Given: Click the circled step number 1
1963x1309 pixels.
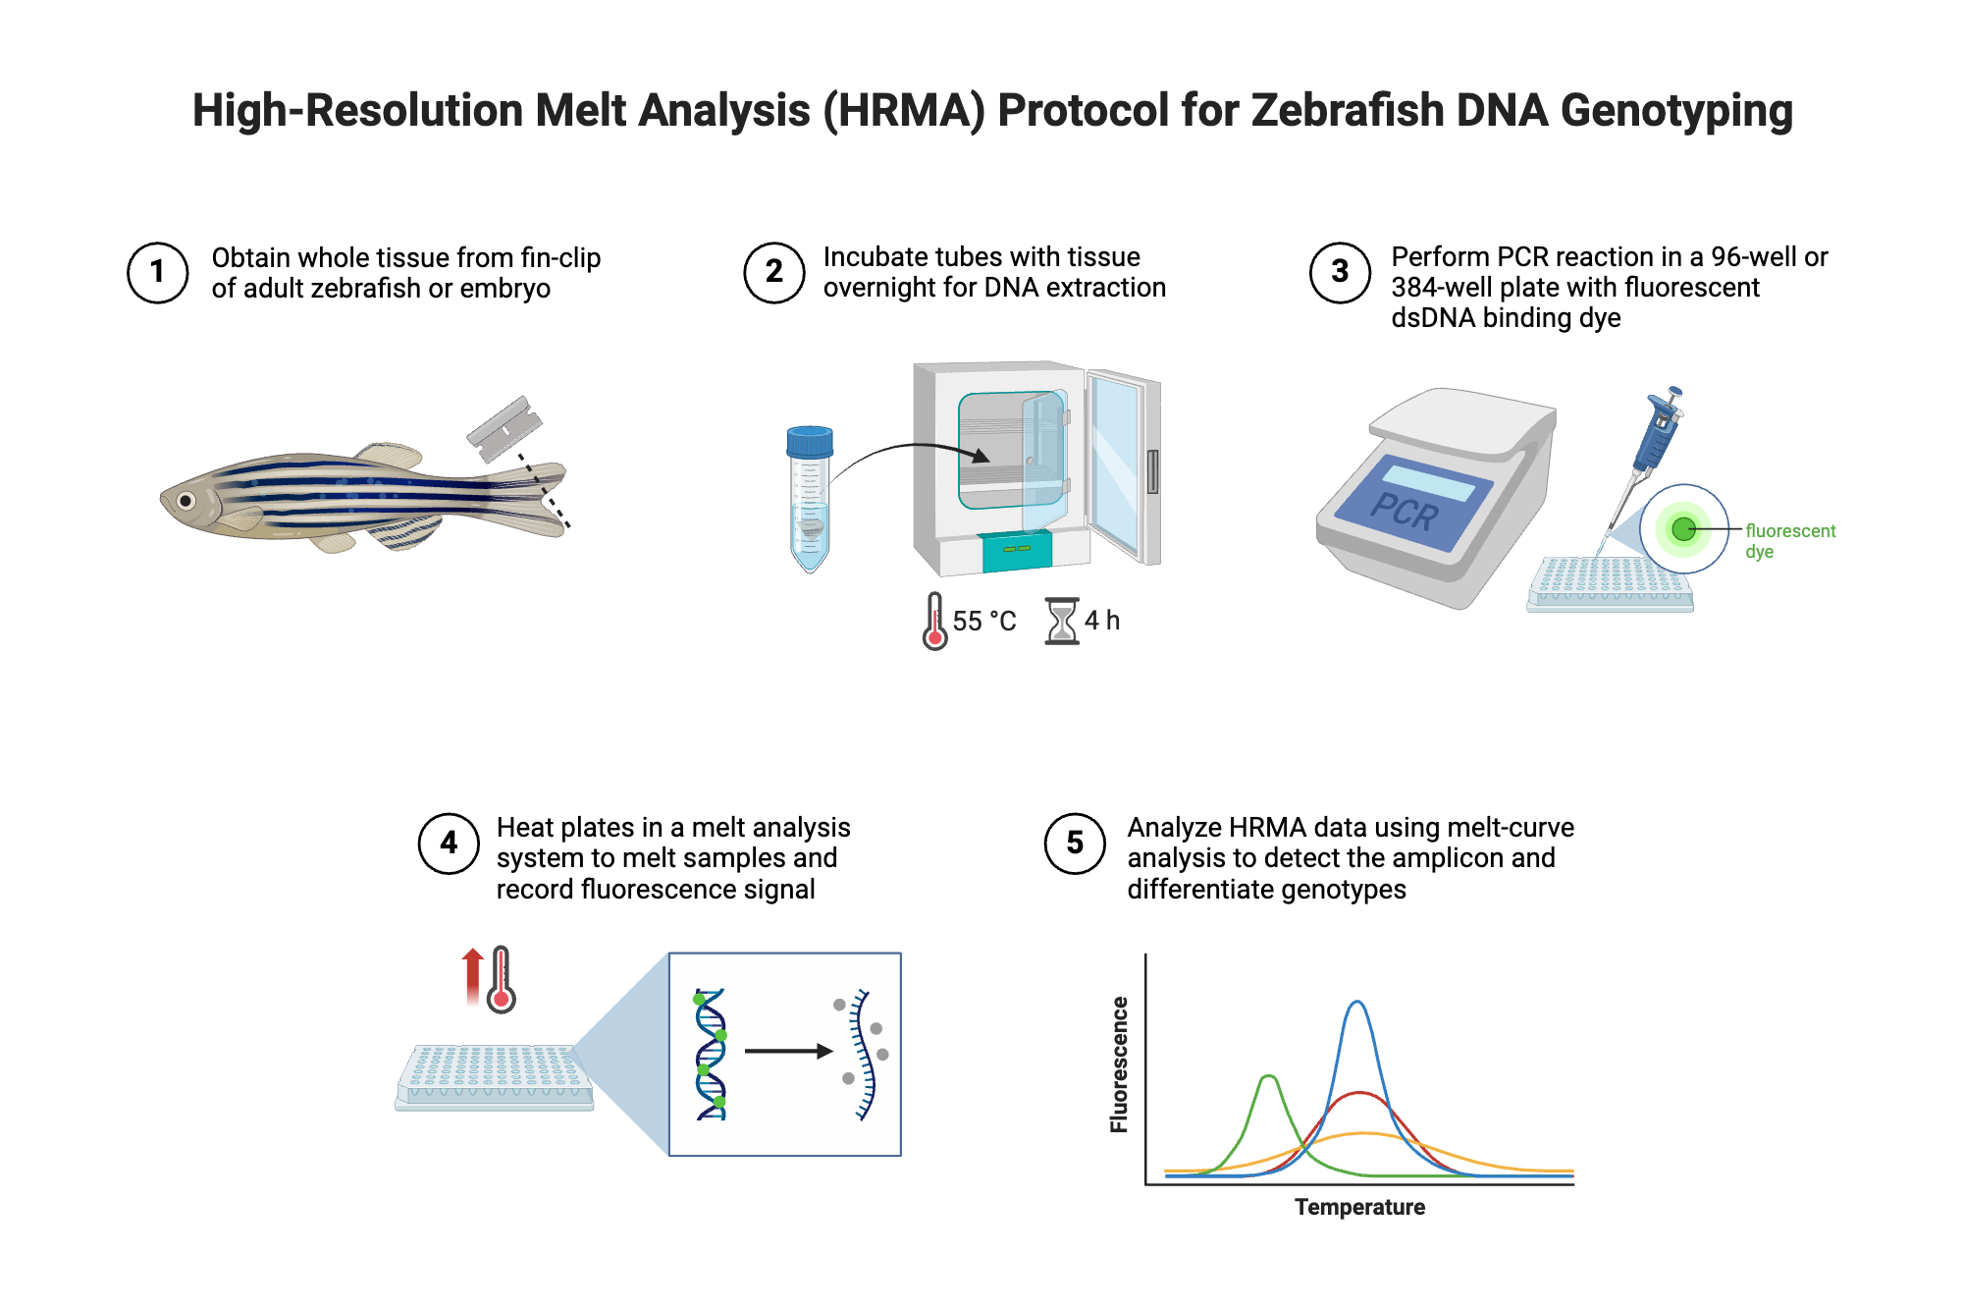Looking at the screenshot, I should pos(157,272).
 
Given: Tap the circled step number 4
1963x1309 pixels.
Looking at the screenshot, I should pos(449,843).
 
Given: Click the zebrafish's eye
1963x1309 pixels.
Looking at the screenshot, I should pos(186,501).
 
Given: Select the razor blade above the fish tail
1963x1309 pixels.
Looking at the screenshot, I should pos(504,428).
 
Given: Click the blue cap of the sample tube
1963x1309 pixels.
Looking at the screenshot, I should pos(810,441).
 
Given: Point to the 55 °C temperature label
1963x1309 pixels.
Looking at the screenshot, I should pos(983,621).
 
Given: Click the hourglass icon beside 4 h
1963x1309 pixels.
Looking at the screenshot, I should pos(1061,621).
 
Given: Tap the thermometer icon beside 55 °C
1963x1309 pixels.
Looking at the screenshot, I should pos(934,621).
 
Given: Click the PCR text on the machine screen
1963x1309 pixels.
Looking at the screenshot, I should pos(1405,512).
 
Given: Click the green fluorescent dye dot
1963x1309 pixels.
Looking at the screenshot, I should pos(1683,529).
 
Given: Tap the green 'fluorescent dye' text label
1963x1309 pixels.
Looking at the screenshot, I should pos(1788,540).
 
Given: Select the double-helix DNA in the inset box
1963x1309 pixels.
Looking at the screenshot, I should pos(711,1054).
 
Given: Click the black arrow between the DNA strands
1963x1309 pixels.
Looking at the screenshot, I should pos(787,1051).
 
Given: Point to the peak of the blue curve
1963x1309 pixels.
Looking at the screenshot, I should pos(1356,1003).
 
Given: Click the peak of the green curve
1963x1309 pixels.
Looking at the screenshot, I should pos(1269,1077).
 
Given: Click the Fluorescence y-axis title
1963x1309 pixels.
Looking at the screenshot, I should pos(1119,1064).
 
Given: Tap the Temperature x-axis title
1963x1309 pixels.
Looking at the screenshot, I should pos(1359,1207).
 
